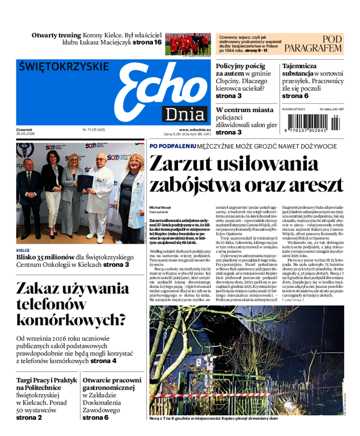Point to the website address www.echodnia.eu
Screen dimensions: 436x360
(192, 129)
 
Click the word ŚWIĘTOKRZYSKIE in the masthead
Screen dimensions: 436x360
(64, 67)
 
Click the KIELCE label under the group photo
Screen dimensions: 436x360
(23, 250)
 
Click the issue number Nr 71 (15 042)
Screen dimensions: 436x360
(94, 129)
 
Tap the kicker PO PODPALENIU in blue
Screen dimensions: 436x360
(173, 146)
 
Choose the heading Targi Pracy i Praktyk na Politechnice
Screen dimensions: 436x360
(47, 384)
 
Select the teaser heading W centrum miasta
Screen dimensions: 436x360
(244, 110)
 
